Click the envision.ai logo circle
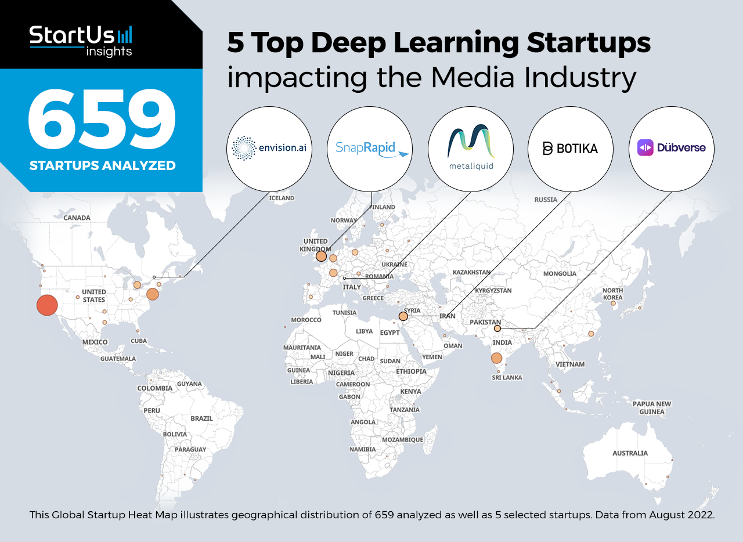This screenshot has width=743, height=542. coord(269,149)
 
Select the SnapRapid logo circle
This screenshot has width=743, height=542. coord(370,149)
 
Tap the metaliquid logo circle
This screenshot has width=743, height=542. coord(471,149)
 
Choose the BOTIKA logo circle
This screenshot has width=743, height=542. coord(571,149)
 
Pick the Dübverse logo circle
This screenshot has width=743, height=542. coord(672,149)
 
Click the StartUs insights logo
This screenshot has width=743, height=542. coord(81,41)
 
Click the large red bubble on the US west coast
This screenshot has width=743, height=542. coord(47,305)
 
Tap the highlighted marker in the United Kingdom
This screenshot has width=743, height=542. coord(321,256)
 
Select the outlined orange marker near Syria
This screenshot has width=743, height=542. coord(403,316)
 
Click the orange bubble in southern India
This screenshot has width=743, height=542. coord(496,358)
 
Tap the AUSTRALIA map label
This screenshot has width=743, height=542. coord(630,453)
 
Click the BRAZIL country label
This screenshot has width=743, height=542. coord(201,418)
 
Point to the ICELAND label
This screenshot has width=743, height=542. coord(282,198)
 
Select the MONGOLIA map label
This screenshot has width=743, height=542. coord(560,273)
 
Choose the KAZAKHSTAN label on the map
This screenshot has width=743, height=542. coord(472,272)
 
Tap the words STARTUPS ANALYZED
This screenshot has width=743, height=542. coord(102,166)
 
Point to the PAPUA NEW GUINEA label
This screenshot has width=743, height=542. coord(652,408)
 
